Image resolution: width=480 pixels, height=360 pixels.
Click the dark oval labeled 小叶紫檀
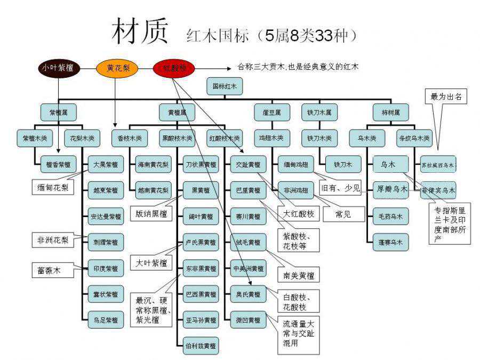pos(58,68)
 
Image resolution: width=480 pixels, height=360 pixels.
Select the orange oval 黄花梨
pos(117,68)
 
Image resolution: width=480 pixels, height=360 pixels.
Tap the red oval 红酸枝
pos(174,68)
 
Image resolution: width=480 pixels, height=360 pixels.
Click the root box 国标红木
pos(225,86)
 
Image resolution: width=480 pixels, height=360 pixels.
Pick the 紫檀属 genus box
pos(59,112)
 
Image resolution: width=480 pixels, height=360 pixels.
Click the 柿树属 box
pos(391,112)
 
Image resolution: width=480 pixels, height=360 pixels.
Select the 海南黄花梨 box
pos(154,164)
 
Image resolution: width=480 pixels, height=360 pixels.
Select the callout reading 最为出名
pos(446,98)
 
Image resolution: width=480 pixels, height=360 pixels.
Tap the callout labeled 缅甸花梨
pos(52,188)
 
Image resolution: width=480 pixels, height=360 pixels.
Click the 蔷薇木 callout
pos(49,270)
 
